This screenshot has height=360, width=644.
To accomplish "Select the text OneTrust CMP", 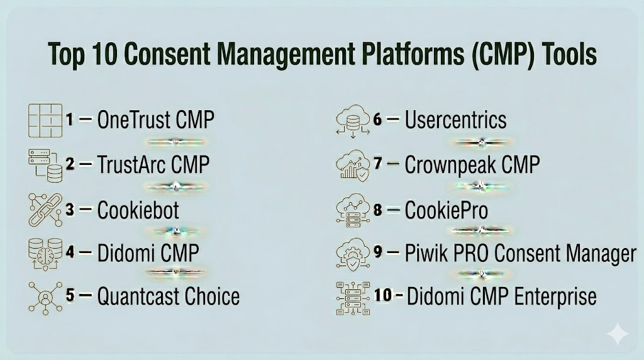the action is [156, 120].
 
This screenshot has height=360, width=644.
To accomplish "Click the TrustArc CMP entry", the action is [153, 164].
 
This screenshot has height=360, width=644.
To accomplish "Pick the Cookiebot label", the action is [138, 210].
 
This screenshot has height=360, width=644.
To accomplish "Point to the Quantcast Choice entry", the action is [169, 296].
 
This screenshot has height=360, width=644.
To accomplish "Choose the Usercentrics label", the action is [455, 120].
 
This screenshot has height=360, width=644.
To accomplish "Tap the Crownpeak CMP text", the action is [472, 165].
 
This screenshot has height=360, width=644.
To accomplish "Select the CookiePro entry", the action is [447, 210].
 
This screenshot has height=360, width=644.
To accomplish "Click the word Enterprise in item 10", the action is [555, 296].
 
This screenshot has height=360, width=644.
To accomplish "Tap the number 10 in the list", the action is [383, 295].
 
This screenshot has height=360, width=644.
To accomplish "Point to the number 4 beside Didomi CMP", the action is [70, 252].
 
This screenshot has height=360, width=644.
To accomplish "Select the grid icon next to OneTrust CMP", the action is [45, 120].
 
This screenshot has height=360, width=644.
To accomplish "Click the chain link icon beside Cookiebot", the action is [45, 210].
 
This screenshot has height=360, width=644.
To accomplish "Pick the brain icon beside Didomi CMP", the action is [45, 254].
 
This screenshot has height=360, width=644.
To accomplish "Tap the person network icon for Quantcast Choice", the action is [45, 298].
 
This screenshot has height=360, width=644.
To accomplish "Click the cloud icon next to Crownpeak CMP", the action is [352, 165].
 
